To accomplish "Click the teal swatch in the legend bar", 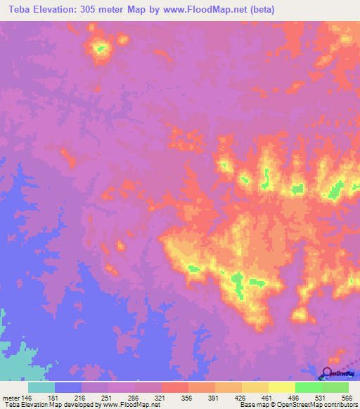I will coord(41,387).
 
